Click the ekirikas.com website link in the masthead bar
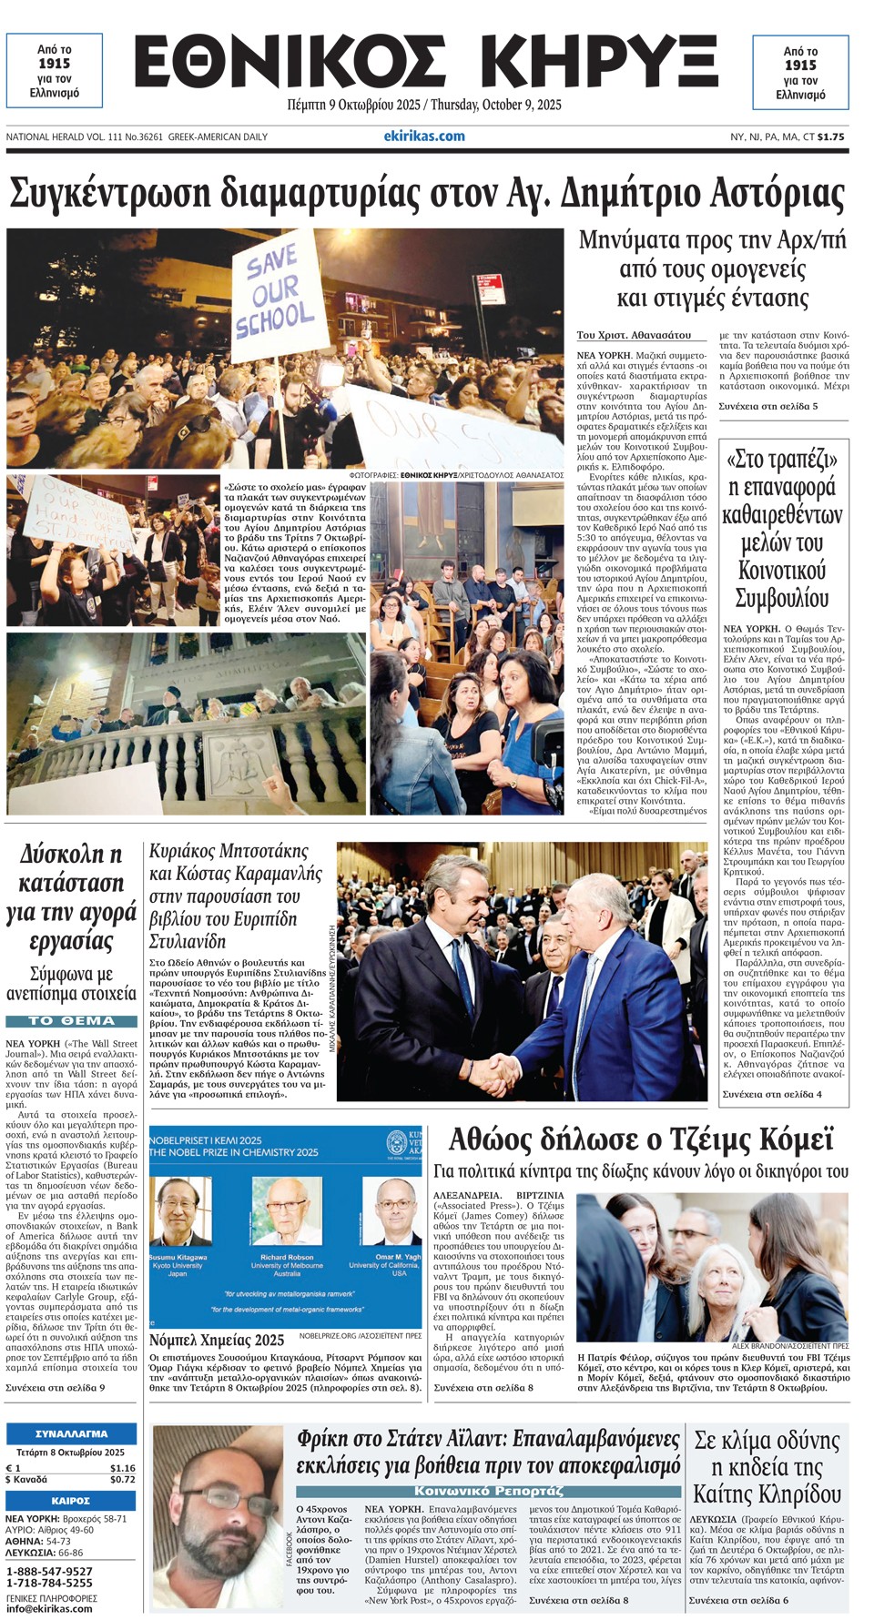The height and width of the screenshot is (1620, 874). (424, 137)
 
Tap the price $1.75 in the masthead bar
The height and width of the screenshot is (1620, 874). (830, 137)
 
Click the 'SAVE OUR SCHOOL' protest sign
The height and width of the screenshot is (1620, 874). (275, 293)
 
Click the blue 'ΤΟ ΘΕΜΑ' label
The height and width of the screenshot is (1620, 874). (72, 1021)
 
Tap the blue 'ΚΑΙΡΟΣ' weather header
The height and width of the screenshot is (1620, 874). (71, 1501)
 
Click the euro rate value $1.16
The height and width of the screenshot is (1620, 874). (122, 1468)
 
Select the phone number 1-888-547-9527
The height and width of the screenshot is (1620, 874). (49, 1571)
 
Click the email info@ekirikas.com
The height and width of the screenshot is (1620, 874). (49, 1608)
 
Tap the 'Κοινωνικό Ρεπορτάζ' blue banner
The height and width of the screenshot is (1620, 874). (488, 1491)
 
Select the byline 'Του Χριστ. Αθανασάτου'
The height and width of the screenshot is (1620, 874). (634, 335)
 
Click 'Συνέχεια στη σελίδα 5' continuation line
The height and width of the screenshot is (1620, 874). (767, 406)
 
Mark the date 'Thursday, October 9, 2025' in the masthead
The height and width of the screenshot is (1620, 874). (495, 105)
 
